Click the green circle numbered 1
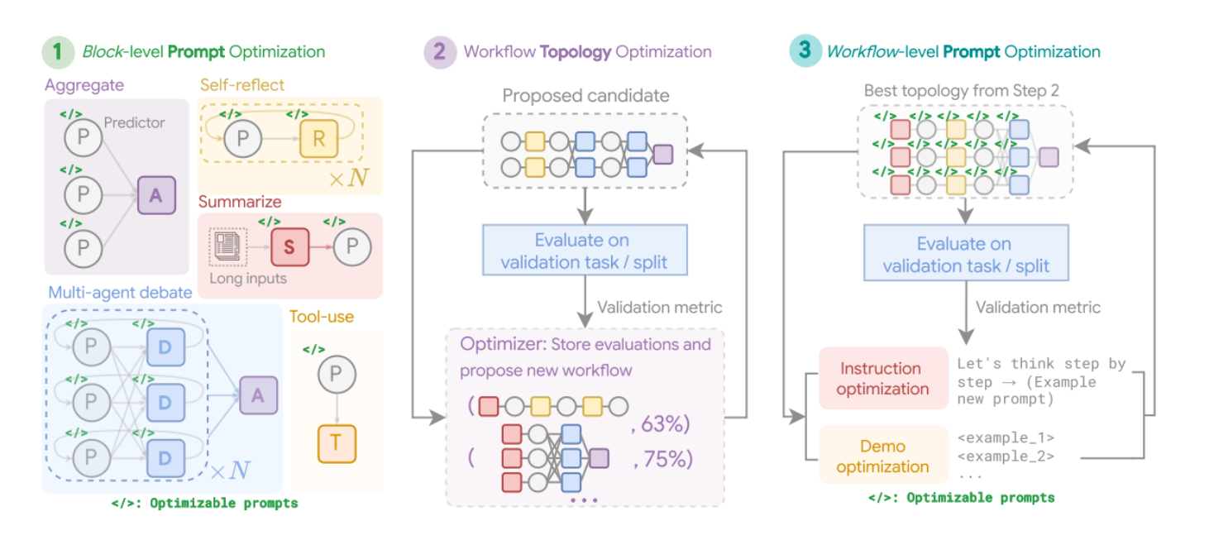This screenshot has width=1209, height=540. click(58, 52)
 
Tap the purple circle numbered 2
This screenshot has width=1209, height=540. click(440, 52)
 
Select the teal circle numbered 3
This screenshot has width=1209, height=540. click(805, 50)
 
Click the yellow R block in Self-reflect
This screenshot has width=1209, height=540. click(319, 139)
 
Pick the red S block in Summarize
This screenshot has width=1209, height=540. click(289, 246)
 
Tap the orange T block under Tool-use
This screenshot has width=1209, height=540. click(337, 444)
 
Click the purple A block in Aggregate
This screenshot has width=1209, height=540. click(156, 195)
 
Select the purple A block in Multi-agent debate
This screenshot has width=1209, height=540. click(259, 395)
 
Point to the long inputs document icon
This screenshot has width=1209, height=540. click(227, 246)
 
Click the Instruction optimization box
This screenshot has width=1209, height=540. click(883, 378)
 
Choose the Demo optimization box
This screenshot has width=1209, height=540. click(883, 456)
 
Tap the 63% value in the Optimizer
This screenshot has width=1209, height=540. click(661, 424)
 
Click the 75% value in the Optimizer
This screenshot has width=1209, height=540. click(663, 459)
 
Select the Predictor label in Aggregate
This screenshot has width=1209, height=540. click(135, 122)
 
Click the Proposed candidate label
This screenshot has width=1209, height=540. click(585, 96)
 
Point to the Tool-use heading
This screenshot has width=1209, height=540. click(322, 317)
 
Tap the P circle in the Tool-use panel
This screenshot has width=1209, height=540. click(337, 374)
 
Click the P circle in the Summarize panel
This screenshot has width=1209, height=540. click(352, 246)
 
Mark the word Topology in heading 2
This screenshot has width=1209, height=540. click(576, 52)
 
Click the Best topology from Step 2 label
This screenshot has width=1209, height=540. click(961, 90)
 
